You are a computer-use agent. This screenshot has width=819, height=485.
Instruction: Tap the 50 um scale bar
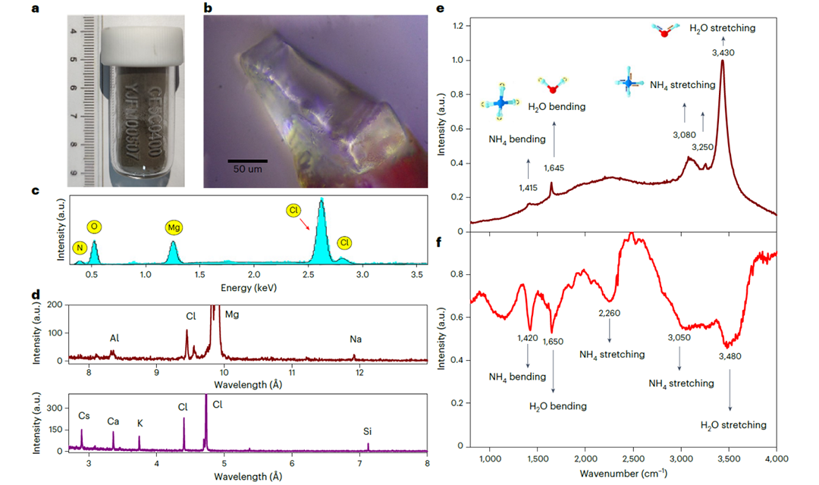249,161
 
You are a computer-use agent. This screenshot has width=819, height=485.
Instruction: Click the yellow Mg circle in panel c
174,227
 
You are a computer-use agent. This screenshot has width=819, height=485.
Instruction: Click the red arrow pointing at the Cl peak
304,219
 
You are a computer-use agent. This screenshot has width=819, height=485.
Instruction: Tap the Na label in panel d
355,339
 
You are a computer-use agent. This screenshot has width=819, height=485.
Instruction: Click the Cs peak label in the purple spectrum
83,415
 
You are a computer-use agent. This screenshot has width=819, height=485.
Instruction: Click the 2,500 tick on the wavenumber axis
632,458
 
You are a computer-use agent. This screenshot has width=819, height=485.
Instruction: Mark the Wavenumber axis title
621,474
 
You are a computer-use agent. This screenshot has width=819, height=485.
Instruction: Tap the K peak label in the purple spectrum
140,423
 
